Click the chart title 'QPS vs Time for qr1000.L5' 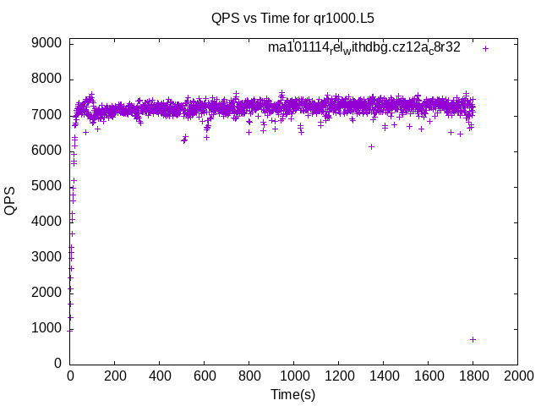click(292, 17)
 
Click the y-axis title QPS click(10, 200)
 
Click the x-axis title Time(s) click(292, 394)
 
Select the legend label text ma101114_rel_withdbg click(364, 47)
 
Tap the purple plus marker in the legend click(486, 48)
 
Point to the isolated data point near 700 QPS click(473, 339)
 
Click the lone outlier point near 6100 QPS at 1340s click(371, 146)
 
